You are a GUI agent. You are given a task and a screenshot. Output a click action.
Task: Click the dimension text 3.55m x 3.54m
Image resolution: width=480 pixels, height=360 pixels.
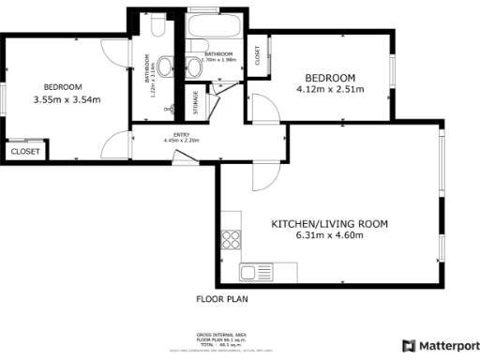click(x=67, y=99)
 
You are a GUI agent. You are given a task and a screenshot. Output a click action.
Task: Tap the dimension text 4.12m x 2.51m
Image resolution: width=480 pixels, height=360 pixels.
click(x=329, y=91)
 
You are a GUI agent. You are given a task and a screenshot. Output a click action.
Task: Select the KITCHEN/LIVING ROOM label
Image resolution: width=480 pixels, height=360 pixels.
click(x=329, y=224)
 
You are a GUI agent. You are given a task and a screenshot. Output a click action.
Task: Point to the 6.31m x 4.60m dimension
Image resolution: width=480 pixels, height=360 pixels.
click(x=329, y=236)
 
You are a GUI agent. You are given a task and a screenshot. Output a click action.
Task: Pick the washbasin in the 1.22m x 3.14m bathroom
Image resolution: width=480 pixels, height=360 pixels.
click(x=165, y=67)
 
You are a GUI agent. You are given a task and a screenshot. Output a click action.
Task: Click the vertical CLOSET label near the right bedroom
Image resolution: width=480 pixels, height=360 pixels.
click(x=258, y=56)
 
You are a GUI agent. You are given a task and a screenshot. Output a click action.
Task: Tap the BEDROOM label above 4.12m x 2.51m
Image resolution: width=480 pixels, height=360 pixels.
click(x=329, y=77)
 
